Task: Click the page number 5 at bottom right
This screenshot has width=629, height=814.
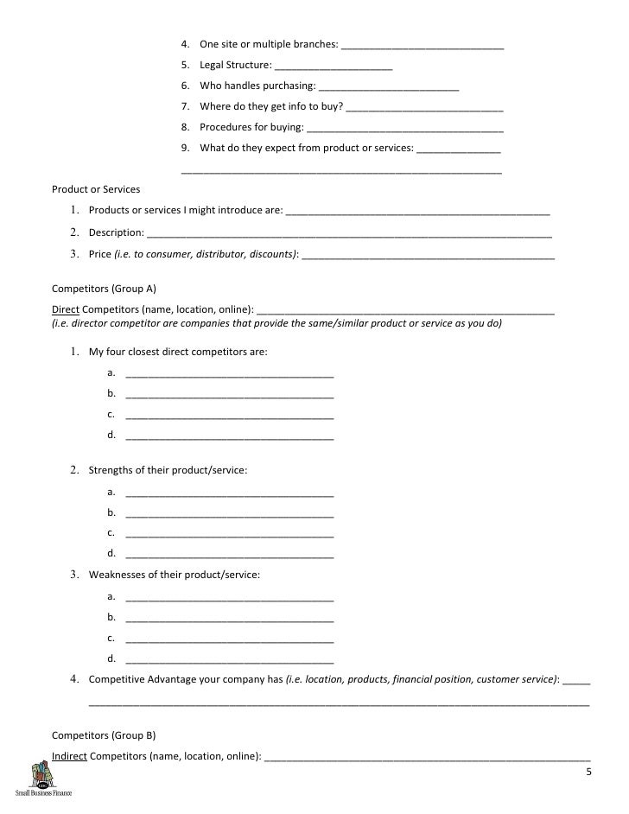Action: [x=588, y=771]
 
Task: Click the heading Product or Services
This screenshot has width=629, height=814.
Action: [x=96, y=188]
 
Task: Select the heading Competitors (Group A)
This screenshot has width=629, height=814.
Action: [x=104, y=289]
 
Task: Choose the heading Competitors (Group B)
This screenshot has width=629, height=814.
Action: [x=104, y=736]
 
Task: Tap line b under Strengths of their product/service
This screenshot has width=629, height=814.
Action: [x=229, y=513]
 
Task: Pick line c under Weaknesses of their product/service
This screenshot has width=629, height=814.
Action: [x=229, y=639]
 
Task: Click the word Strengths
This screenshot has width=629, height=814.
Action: [x=112, y=470]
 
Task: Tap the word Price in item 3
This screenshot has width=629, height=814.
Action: [x=100, y=255]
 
